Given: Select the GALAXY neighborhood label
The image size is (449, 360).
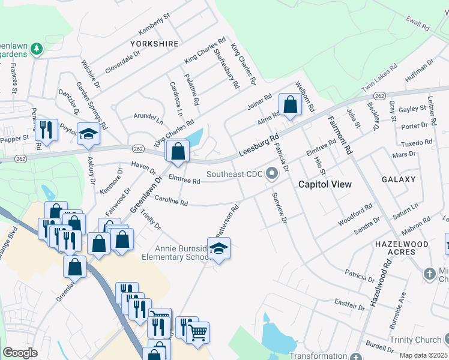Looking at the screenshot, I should (x=398, y=179).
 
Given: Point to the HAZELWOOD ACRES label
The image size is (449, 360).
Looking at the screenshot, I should (x=402, y=248).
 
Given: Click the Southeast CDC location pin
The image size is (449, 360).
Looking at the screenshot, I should (x=272, y=175).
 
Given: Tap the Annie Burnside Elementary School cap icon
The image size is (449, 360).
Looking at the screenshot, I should (x=219, y=249).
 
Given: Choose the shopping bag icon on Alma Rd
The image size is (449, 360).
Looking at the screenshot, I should (x=291, y=105).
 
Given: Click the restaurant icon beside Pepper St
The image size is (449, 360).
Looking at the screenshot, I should (x=46, y=128).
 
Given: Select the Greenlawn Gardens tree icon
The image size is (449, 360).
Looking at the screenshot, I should (x=37, y=47).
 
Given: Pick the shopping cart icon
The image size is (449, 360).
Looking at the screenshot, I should (x=197, y=331).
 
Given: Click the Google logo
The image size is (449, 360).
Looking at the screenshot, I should (x=19, y=353).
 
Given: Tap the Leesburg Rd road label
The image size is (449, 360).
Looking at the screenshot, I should (x=259, y=146).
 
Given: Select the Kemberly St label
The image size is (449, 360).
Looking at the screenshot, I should (x=154, y=21).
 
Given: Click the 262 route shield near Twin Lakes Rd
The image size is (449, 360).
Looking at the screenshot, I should (x=379, y=96).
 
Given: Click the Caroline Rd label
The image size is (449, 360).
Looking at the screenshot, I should (x=172, y=201).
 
